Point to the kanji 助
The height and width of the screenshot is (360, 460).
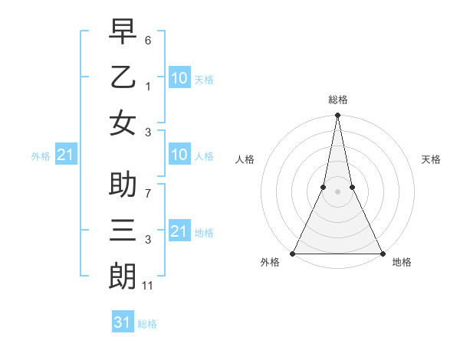(123, 187)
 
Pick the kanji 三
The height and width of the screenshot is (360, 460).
(123, 231)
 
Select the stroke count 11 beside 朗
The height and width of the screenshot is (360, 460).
(148, 286)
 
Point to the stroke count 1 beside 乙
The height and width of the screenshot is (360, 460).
(148, 86)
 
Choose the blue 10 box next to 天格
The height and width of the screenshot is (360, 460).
(179, 77)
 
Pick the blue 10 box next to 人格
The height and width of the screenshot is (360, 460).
(179, 155)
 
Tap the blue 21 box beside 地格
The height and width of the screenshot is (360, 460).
(179, 231)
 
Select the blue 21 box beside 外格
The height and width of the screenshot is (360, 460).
(65, 155)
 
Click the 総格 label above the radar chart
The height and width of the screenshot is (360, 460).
(337, 100)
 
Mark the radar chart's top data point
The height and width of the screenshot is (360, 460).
(337, 116)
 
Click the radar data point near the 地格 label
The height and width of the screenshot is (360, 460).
(382, 254)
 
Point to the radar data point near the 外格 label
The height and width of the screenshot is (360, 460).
(293, 254)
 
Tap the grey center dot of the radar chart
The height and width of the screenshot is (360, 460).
(337, 191)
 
